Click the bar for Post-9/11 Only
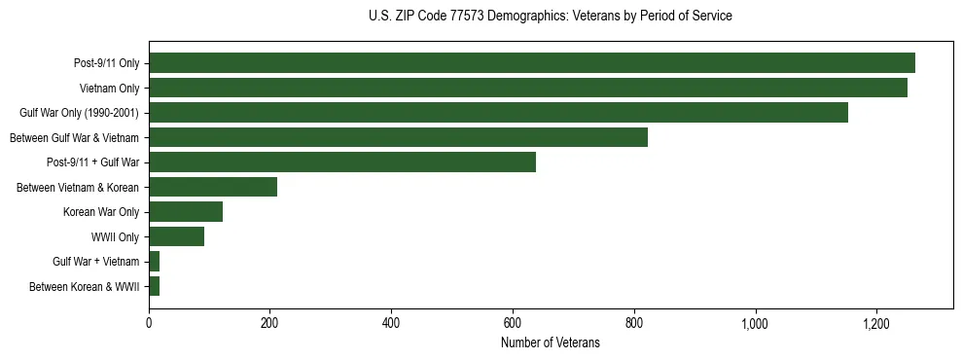tap(531, 63)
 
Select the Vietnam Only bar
tap(527, 89)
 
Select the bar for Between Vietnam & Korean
tap(212, 187)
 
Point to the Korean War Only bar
tap(185, 212)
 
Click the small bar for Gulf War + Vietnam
tap(154, 262)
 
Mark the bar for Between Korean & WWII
tap(154, 286)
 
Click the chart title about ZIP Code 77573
tap(551, 17)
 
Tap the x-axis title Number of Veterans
tap(551, 343)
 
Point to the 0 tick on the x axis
tap(149, 323)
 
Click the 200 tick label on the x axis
tap(269, 323)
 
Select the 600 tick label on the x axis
tap(513, 323)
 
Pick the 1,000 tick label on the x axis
tap(755, 323)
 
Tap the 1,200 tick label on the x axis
tap(876, 323)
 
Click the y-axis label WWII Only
tap(115, 237)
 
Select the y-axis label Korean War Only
tap(101, 212)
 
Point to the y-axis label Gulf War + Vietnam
tap(95, 262)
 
